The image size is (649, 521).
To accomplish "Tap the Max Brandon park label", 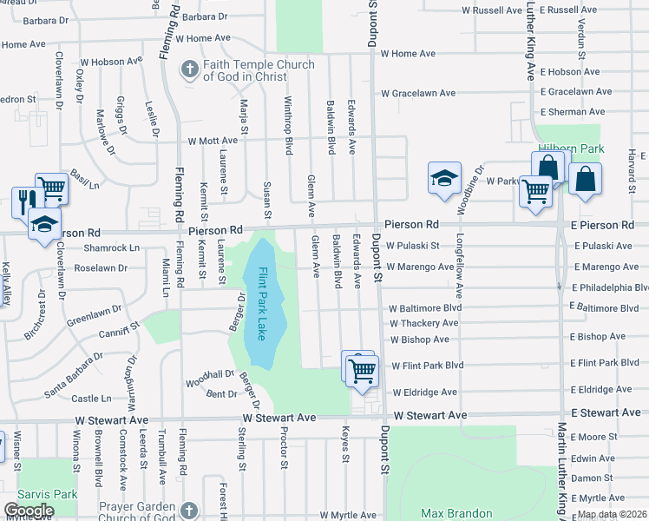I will click(x=456, y=513).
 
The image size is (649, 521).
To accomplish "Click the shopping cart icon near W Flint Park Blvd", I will click(x=362, y=371).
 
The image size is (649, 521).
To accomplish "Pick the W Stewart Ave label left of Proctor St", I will click(x=279, y=418).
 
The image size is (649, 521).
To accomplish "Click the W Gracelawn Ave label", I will click(x=423, y=93).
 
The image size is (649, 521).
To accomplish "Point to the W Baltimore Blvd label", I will click(x=424, y=308).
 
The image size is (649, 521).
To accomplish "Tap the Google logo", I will click(x=29, y=510).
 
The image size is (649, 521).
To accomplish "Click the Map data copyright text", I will click(x=613, y=514).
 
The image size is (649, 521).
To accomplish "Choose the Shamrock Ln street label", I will click(x=111, y=248).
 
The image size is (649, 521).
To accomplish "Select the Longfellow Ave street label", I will click(x=460, y=260).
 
